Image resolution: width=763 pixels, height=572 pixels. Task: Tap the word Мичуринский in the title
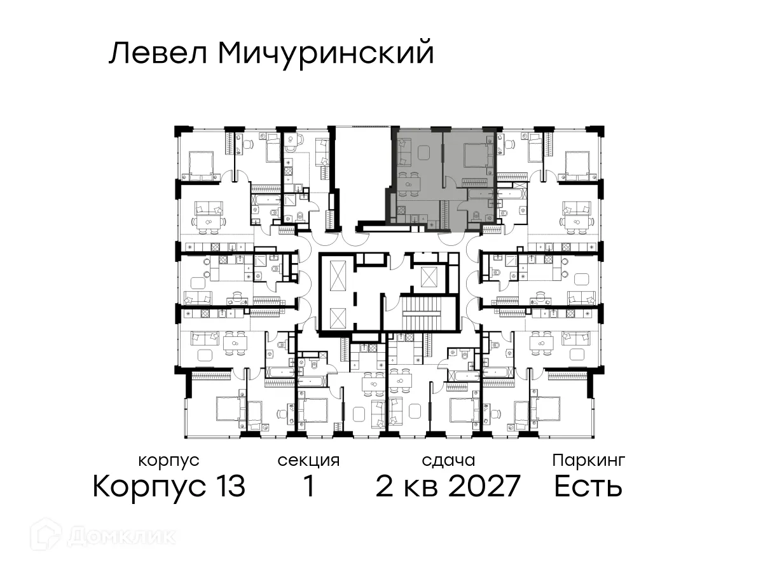point(326,53)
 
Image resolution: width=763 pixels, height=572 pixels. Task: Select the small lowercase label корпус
point(168,460)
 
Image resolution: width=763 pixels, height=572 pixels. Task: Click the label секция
point(308,460)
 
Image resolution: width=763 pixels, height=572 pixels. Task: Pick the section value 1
point(309,487)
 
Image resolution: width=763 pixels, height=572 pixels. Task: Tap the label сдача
point(448,460)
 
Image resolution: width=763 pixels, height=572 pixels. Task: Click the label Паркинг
point(589,460)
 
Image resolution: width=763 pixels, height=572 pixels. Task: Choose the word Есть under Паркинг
point(588,487)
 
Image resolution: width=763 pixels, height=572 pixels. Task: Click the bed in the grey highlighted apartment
point(476,154)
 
